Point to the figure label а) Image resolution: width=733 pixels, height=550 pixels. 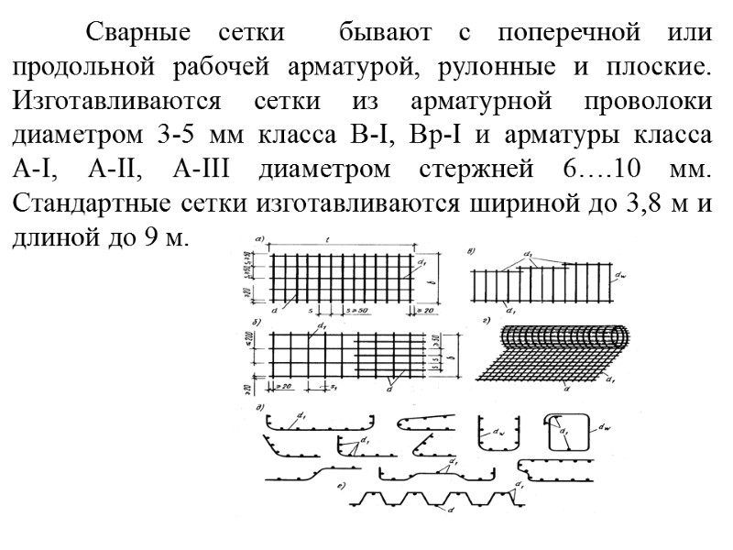(x=260, y=241)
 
